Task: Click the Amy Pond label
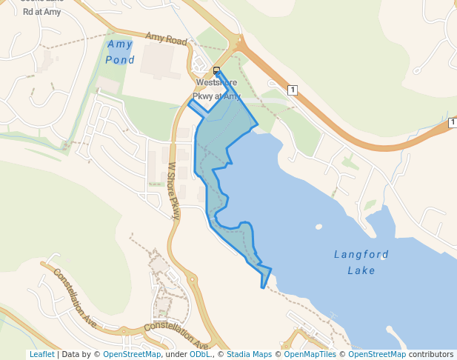[120, 52]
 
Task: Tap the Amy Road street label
[167, 39]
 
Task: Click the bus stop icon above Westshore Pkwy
[217, 70]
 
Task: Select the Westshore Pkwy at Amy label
[216, 90]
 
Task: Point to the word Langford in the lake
[361, 255]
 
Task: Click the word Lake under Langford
[361, 270]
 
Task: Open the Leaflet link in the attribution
[41, 354]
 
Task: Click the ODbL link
[200, 354]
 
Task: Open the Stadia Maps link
[249, 354]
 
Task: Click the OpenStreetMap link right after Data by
[132, 354]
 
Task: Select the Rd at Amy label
[41, 12]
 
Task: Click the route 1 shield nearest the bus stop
[293, 90]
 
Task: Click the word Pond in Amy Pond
[120, 60]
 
